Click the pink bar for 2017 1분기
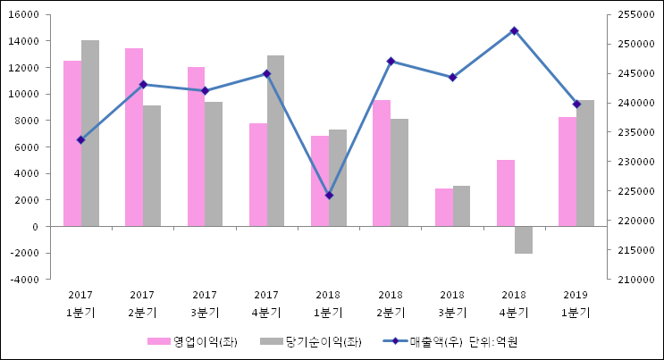[x=72, y=143]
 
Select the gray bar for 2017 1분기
[x=90, y=133]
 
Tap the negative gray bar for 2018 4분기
[x=523, y=239]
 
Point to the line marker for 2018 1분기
[x=329, y=195]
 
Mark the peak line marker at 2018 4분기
[x=514, y=30]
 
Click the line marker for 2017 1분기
[x=80, y=139]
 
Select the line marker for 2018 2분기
[x=391, y=61]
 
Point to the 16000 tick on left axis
[x=24, y=15]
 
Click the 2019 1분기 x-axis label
[x=576, y=304]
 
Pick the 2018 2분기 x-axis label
[x=391, y=304]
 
